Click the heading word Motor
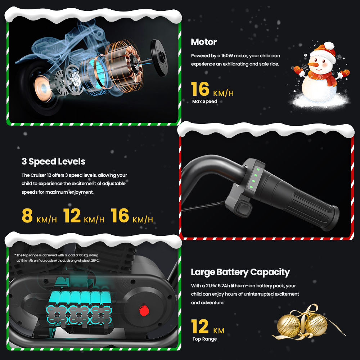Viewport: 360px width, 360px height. click(x=204, y=42)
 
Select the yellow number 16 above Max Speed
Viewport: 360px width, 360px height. click(x=200, y=89)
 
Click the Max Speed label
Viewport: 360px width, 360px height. click(x=204, y=102)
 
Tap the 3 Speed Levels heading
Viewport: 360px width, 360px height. click(x=54, y=161)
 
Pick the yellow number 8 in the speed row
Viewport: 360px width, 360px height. click(x=27, y=215)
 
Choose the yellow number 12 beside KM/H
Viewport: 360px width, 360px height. click(x=72, y=215)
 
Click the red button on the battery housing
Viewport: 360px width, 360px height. click(x=144, y=311)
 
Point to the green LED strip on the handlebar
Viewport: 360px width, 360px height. click(x=255, y=179)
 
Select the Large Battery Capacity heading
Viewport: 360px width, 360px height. click(x=240, y=272)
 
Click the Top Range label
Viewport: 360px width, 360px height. click(x=204, y=339)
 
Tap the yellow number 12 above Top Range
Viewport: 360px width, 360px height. click(x=200, y=327)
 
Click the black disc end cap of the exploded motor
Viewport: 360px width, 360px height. click(x=159, y=58)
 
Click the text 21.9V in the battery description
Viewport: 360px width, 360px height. click(x=211, y=286)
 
